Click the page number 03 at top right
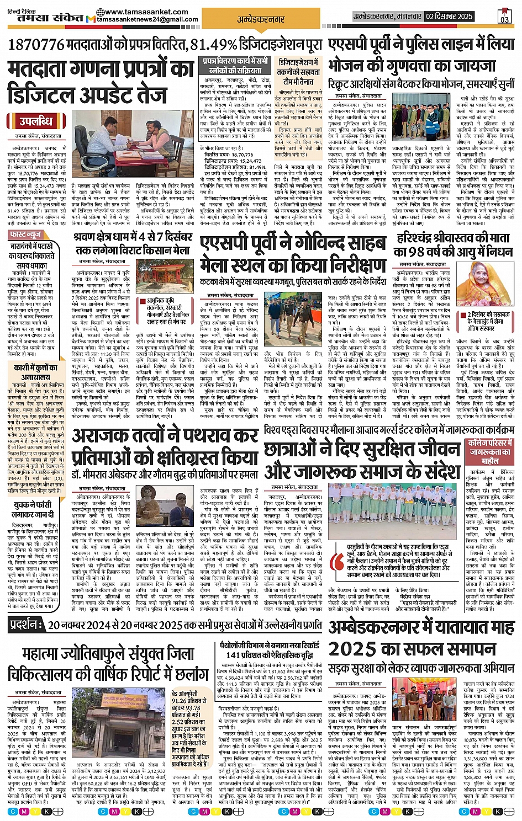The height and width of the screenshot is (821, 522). tap(504, 19)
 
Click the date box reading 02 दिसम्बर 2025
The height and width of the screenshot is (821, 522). tap(449, 17)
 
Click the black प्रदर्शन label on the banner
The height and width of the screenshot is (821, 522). tap(27, 625)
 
